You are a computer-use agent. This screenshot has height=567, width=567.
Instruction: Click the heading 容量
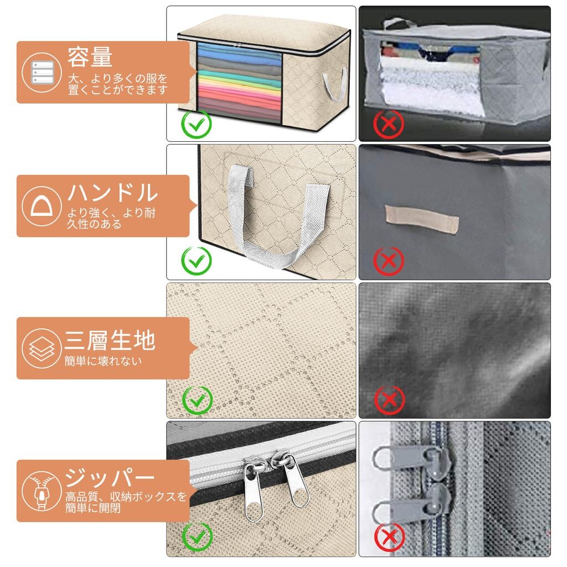90,57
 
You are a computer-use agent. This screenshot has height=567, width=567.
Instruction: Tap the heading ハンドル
112,192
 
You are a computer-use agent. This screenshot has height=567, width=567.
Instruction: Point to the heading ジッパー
109,477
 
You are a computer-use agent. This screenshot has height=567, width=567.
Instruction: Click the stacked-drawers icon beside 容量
42,73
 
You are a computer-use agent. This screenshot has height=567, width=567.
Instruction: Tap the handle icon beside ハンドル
41,206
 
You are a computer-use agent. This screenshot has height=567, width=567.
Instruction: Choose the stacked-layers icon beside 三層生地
42,348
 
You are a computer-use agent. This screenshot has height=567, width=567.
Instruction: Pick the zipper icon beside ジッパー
42,491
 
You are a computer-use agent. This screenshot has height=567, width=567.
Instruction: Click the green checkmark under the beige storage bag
197,125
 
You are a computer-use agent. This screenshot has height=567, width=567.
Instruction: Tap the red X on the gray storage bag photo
389,125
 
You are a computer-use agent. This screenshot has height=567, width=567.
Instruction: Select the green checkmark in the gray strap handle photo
197,261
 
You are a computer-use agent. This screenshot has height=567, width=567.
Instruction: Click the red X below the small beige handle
389,261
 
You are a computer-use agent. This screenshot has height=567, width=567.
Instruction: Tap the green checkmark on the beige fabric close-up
198,400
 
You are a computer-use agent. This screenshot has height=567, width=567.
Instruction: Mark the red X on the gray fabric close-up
389,400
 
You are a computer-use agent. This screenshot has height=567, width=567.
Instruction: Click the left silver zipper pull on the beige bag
254,488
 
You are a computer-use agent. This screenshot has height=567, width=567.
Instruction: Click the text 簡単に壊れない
103,361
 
